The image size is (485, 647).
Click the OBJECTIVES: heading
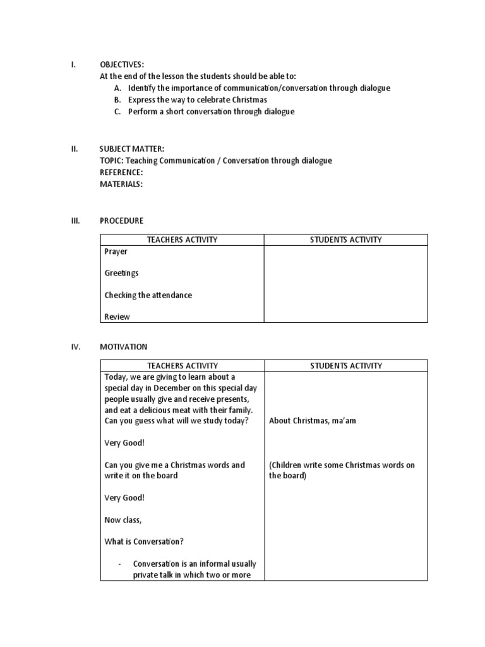coord(122,64)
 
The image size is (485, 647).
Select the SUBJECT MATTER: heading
coord(132,149)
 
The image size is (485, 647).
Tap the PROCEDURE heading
coord(121,221)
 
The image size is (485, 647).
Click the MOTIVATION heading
coord(123,347)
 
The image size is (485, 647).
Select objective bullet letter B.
coord(117,100)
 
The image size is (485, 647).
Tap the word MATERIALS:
coord(121,184)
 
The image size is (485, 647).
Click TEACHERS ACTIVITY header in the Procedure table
coord(182,239)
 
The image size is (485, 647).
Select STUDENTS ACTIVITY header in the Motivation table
coord(345,366)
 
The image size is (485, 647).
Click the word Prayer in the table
coord(116,251)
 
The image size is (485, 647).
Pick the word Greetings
coord(121,273)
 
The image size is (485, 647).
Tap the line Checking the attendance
coord(148,295)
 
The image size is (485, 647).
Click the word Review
coord(117,317)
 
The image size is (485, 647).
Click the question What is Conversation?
coord(144,541)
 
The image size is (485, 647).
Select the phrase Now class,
coord(123,519)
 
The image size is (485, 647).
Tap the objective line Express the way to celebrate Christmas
coord(197,100)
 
